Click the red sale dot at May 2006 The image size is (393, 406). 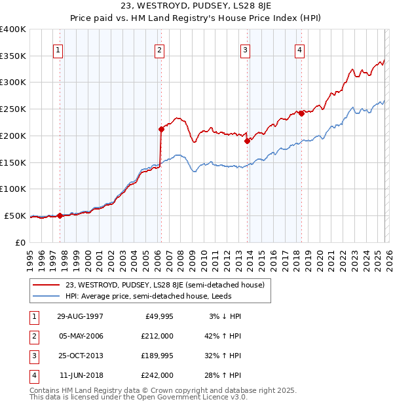[160, 129]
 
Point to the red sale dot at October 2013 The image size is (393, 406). [247, 141]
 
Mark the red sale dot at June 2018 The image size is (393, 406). [301, 113]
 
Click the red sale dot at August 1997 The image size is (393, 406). [60, 215]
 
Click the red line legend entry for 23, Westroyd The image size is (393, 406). [164, 285]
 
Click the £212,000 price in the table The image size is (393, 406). [157, 336]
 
